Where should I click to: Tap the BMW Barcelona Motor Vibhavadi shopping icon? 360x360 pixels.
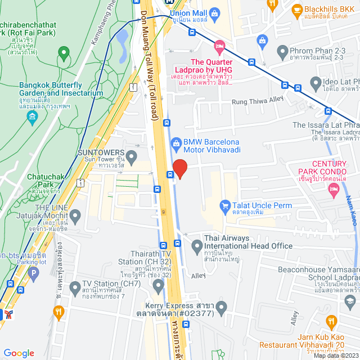(x=176, y=143)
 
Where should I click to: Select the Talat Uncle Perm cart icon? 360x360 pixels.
(x=226, y=206)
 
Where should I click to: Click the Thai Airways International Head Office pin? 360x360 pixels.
(x=197, y=246)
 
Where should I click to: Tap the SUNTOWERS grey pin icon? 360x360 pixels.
(x=132, y=156)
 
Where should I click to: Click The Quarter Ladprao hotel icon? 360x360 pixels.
(x=219, y=46)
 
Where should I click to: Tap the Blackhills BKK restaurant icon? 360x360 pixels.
(x=298, y=10)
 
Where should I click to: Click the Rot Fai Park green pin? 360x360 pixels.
(x=64, y=54)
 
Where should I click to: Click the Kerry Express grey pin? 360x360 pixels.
(x=222, y=308)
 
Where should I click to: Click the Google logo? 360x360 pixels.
(x=19, y=353)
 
